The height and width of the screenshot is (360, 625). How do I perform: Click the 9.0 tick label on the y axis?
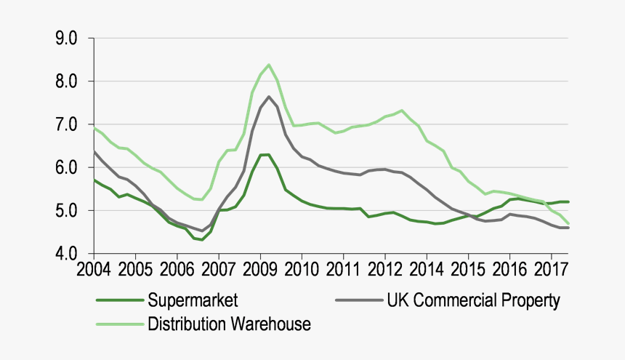[66, 39]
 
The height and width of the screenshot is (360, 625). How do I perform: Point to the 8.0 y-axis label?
[66, 81]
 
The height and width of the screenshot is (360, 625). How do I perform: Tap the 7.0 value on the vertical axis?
[66, 125]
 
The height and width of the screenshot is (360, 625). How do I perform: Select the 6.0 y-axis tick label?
[66, 168]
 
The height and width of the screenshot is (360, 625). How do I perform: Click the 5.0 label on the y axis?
[66, 211]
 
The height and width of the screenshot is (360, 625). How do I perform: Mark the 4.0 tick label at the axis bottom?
[66, 254]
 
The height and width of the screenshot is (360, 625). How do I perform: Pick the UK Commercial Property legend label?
[475, 300]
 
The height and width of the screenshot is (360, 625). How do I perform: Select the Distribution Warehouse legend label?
[229, 324]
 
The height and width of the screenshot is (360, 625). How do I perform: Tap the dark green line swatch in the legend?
[120, 300]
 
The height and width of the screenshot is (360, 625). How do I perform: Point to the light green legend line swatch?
[120, 324]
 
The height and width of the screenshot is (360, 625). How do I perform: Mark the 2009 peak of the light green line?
[269, 65]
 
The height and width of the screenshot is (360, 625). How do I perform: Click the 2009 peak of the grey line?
[269, 97]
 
